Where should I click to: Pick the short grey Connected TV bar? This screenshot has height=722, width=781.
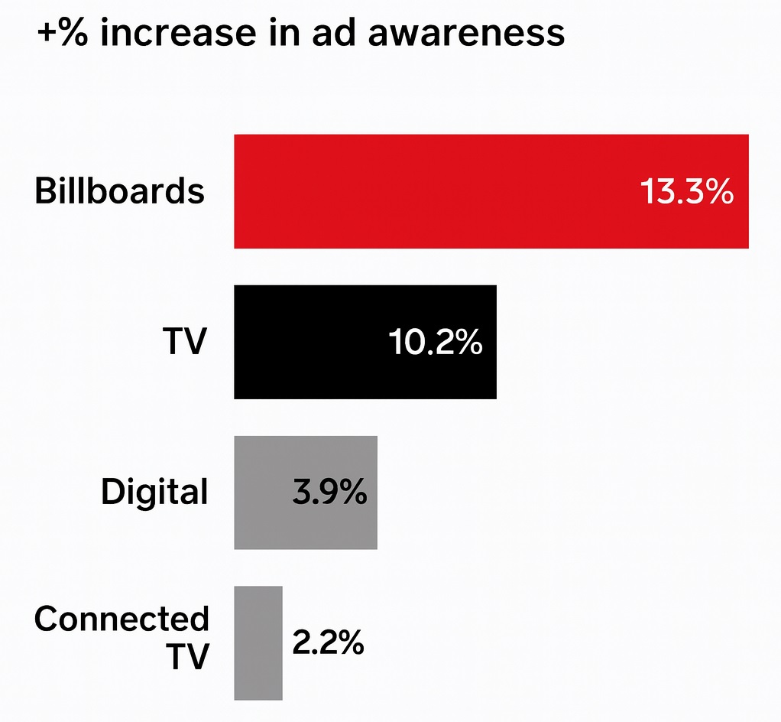point(258,642)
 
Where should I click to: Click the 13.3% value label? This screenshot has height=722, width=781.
point(686,193)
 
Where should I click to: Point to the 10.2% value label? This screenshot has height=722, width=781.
point(436,343)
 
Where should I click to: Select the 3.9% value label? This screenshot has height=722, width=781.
point(329,493)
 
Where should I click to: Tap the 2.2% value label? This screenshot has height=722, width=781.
point(328,644)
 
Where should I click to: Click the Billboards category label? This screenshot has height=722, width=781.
point(120,191)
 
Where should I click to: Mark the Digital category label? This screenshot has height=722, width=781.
point(154,493)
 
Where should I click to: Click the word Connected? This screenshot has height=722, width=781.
point(122,619)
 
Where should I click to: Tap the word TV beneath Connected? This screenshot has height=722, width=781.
point(187,657)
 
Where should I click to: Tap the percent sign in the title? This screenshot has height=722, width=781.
point(74,34)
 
